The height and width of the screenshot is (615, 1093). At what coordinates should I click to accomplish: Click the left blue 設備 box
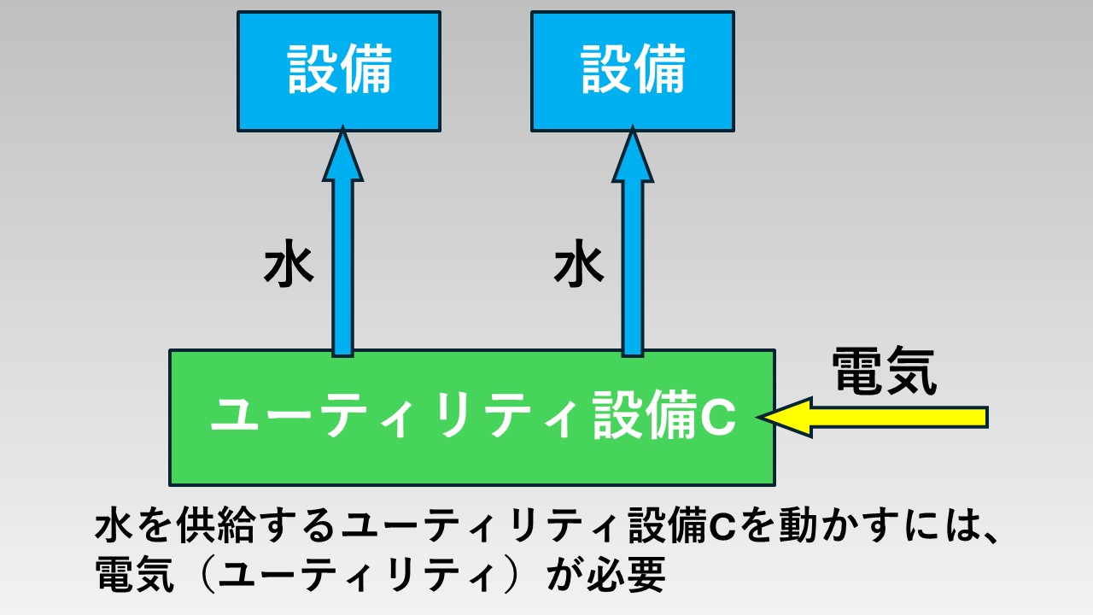click(339, 71)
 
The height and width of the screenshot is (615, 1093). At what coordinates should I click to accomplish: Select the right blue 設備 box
click(633, 71)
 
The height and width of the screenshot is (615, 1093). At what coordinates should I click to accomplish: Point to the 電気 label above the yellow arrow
click(884, 371)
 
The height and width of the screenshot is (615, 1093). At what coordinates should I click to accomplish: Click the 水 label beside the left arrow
click(289, 267)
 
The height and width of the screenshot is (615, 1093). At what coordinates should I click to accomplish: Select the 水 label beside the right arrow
click(579, 267)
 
